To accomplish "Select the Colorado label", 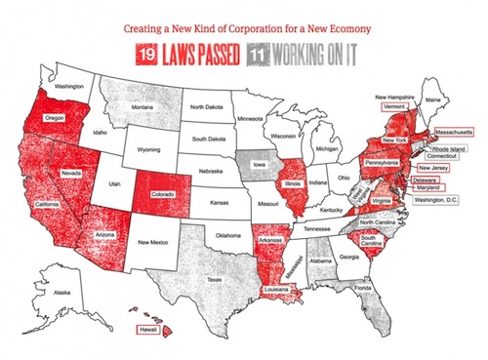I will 162,194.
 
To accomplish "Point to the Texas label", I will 212,279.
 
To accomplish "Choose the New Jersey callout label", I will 432,167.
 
